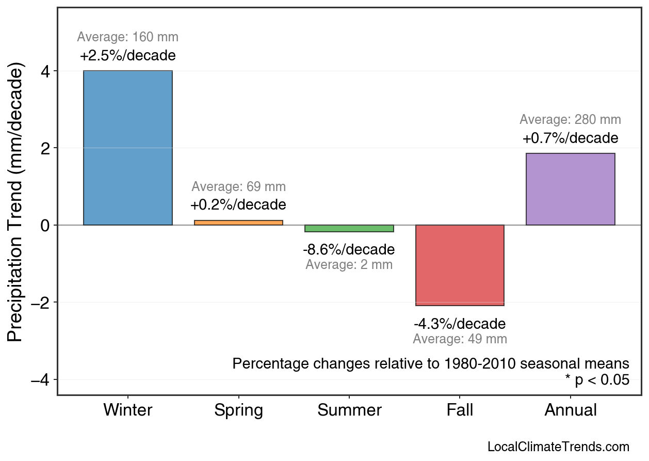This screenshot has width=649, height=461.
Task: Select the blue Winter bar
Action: tap(128, 148)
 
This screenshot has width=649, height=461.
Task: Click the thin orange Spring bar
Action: tap(238, 222)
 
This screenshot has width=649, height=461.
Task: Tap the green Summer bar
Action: tap(349, 228)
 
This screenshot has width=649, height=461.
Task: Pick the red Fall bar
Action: tap(460, 265)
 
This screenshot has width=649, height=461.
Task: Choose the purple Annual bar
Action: tap(570, 189)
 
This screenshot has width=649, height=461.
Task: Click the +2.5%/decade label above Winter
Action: tap(128, 56)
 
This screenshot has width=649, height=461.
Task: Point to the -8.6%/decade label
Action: tap(349, 250)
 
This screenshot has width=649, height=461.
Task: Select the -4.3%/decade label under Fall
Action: tap(460, 324)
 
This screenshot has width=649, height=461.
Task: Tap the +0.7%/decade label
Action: tap(570, 138)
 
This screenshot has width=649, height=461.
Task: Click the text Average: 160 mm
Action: tap(128, 38)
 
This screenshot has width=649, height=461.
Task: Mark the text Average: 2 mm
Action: tap(349, 265)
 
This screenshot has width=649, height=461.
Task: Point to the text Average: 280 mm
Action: tap(570, 120)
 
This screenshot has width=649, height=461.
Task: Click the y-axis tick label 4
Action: tap(45, 71)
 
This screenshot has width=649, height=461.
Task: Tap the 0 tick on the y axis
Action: tap(45, 226)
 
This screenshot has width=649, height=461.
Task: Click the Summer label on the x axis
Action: tap(349, 410)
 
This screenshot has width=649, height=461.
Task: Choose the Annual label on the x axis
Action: tap(571, 410)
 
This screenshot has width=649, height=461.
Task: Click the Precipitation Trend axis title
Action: tap(17, 203)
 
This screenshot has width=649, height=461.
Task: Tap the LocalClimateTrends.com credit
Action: tap(558, 447)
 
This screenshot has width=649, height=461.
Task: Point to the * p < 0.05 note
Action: tap(597, 380)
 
